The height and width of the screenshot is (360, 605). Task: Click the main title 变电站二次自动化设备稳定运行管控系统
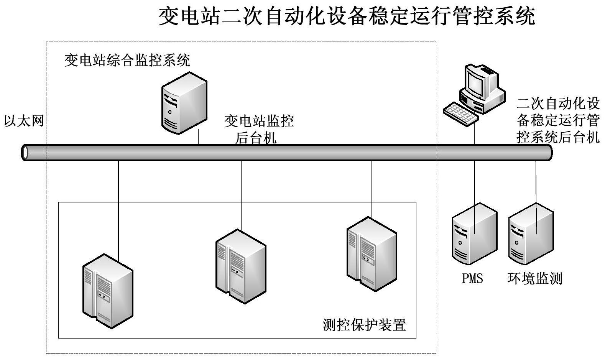click(x=347, y=17)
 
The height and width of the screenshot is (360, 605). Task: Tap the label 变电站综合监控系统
click(x=127, y=60)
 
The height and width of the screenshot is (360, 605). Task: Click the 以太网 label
click(x=24, y=121)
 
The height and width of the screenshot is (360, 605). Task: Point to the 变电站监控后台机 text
click(x=259, y=129)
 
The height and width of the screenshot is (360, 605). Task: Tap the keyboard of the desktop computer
click(x=460, y=113)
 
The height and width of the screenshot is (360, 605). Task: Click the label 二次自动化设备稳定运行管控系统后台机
click(x=558, y=120)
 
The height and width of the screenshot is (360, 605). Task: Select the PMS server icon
click(x=474, y=233)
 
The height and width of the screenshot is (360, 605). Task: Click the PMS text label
click(x=472, y=278)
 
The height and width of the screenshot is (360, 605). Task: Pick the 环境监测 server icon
click(x=531, y=233)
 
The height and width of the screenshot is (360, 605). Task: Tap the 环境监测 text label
click(x=534, y=278)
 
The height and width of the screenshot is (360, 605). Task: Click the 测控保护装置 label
click(x=364, y=325)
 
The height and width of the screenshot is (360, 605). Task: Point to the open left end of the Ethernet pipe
click(x=25, y=153)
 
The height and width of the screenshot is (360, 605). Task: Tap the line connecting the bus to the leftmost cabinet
click(x=118, y=207)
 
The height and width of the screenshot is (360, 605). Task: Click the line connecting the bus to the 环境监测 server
click(x=536, y=180)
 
